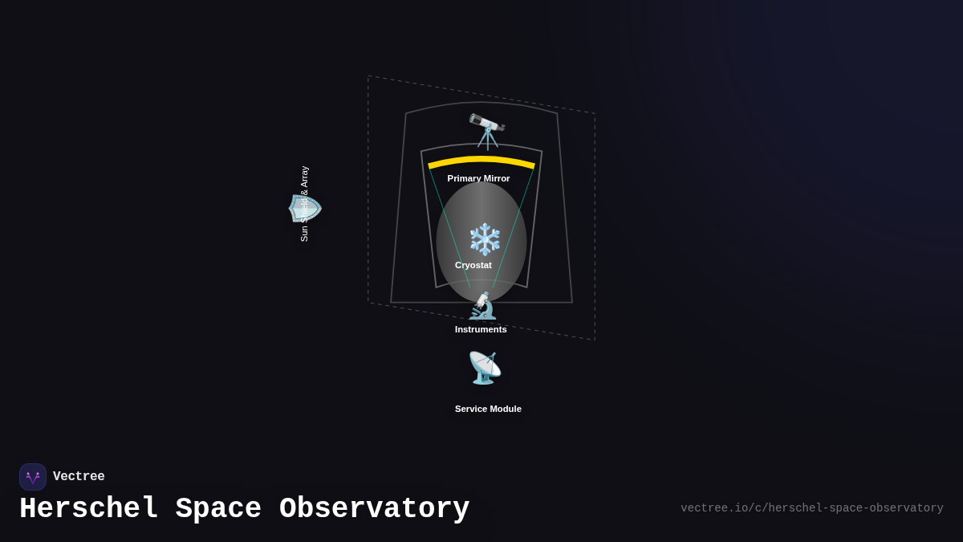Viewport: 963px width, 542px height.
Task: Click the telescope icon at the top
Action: pos(487,131)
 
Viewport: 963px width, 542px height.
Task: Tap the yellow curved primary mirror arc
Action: pos(481,161)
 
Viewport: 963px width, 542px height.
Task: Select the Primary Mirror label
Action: pos(478,178)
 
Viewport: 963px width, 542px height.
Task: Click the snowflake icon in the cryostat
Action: pos(485,239)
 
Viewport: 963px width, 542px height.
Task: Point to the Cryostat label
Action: pos(473,265)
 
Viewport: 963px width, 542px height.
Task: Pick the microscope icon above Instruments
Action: pos(482,306)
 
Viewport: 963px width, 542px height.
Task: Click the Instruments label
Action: pos(481,329)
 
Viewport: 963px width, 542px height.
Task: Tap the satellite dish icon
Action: pos(485,368)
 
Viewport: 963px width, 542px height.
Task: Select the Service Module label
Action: pos(488,409)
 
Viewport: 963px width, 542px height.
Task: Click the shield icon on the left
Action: pos(305,208)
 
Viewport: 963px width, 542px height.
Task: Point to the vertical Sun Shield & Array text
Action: pos(304,204)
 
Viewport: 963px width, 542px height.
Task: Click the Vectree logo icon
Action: pos(33,477)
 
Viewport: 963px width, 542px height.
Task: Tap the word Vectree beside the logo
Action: pos(79,477)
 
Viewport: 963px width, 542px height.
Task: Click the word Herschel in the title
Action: pos(88,509)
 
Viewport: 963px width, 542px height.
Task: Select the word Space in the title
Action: pos(218,509)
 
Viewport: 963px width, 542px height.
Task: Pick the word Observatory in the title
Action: pos(374,509)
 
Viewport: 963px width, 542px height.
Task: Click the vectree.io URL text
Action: pos(811,508)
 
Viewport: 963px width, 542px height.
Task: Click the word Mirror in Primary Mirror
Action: pos(496,178)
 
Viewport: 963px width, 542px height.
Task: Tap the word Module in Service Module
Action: pos(506,409)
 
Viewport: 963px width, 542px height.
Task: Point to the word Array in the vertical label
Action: pos(304,177)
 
